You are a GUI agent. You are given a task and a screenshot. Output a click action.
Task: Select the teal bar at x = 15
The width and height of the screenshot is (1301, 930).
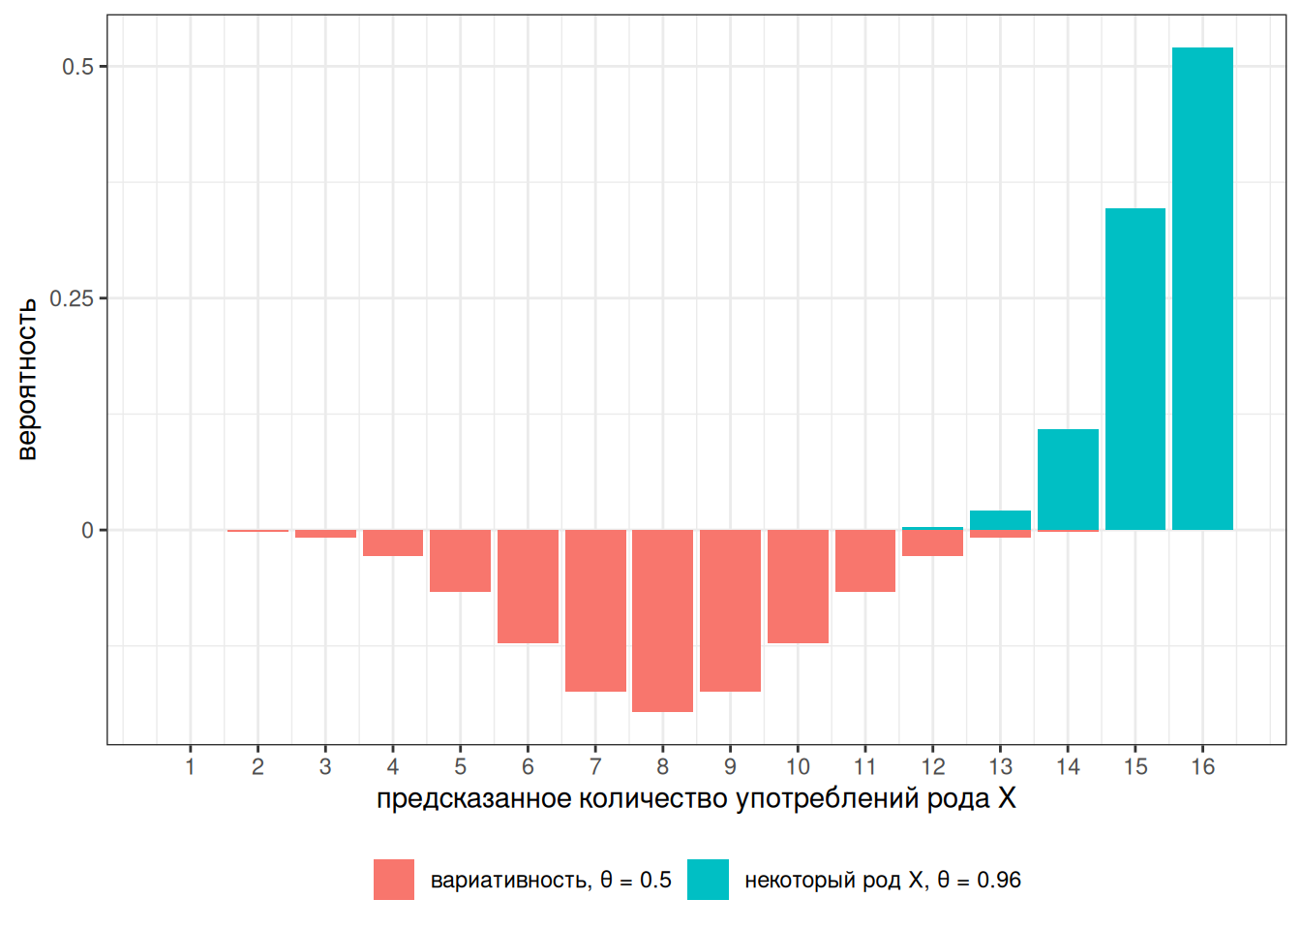point(1135,369)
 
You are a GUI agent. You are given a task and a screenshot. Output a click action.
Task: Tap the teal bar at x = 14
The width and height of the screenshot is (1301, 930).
point(1068,480)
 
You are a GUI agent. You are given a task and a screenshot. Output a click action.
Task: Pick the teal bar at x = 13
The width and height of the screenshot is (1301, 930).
point(1000,519)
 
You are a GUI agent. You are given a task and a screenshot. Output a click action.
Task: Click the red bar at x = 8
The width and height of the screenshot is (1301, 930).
point(662,621)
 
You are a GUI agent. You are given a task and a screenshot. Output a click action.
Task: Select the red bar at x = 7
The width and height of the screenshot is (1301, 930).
point(595,610)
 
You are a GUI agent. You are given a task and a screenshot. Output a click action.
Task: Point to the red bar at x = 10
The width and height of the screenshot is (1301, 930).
point(798,586)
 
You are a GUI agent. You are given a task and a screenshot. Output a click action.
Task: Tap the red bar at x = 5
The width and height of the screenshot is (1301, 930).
point(460,561)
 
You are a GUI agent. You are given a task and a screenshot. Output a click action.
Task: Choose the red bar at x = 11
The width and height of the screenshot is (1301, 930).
point(865,561)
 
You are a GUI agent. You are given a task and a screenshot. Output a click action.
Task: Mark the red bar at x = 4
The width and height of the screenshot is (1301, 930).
point(393,542)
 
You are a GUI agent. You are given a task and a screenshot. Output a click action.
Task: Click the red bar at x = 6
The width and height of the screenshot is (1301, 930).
point(528,586)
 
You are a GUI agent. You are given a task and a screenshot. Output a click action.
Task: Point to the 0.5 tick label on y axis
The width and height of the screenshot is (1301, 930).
point(77,67)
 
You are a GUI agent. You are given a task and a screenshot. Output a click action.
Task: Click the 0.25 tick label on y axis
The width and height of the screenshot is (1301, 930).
point(72,298)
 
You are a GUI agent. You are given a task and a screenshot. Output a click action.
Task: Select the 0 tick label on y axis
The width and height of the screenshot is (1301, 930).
point(87,531)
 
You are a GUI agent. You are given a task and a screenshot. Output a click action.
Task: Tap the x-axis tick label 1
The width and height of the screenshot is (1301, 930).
point(191,767)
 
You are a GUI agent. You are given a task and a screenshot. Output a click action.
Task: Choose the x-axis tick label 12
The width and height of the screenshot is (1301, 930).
point(932,767)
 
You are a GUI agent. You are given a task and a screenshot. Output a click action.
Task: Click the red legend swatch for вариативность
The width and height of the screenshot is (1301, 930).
point(394,880)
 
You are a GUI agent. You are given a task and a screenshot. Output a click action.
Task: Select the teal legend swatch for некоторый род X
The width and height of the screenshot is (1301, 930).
point(708,880)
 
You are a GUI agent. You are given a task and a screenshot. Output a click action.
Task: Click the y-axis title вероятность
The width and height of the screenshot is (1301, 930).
point(27,379)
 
